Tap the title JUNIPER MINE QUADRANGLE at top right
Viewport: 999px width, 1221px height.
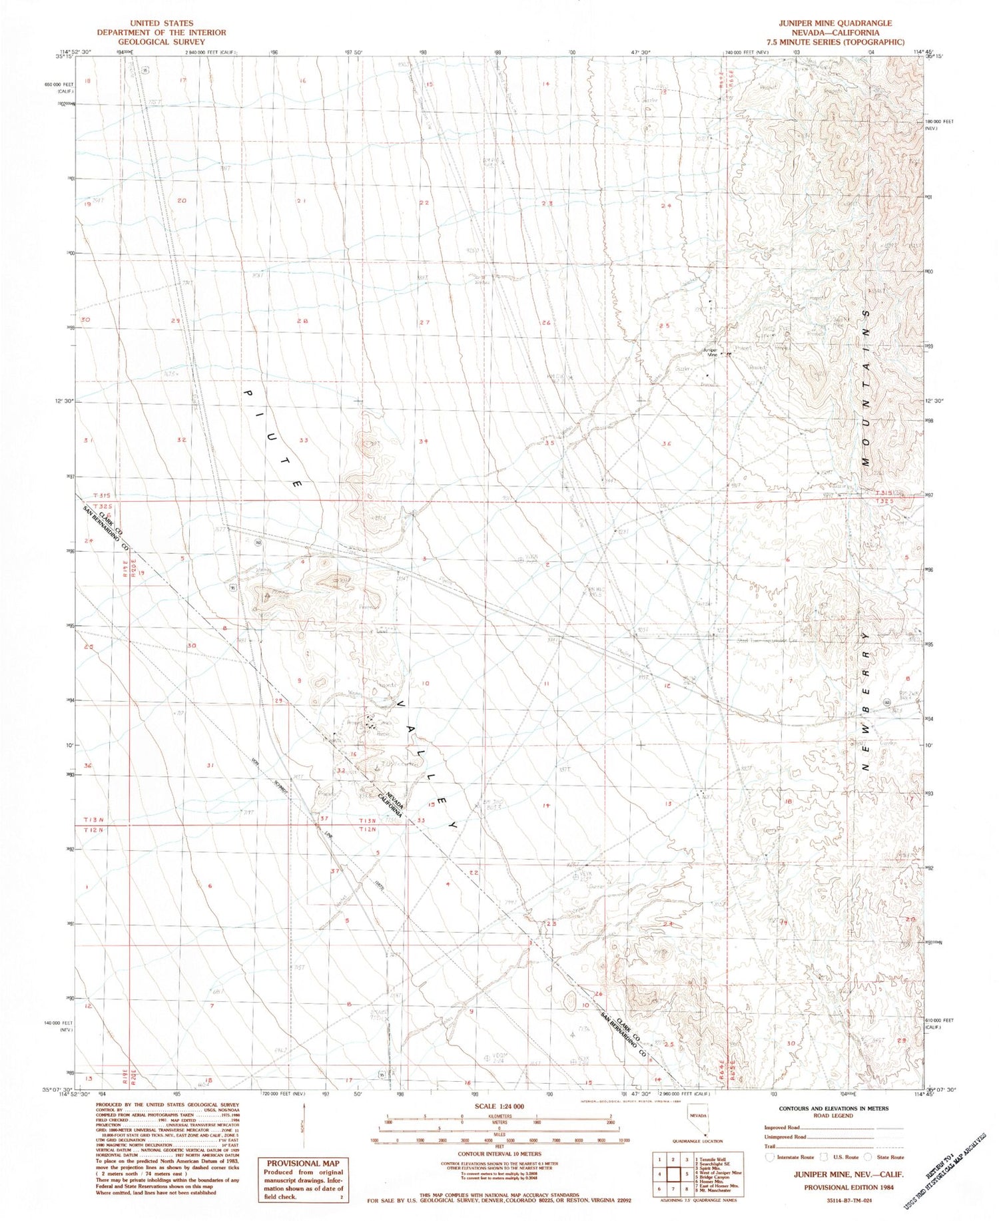point(836,23)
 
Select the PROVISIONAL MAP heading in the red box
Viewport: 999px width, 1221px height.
point(302,1164)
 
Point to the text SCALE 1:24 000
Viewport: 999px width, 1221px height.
point(499,1106)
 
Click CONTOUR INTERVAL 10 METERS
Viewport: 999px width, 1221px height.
point(499,1154)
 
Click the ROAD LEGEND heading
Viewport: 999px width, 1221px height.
point(833,1115)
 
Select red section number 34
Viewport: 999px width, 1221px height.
point(424,441)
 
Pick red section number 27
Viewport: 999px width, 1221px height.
point(424,322)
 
